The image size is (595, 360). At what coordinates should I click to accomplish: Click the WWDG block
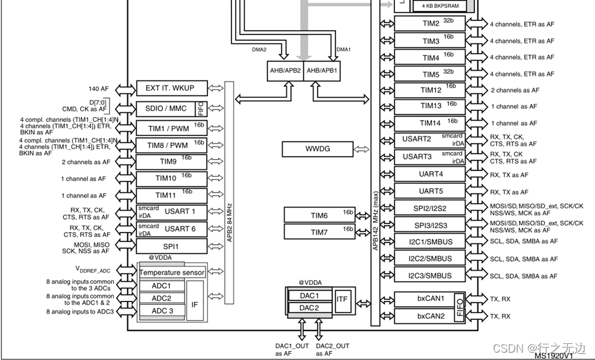tap(317, 149)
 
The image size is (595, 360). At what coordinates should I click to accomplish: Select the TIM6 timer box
tap(319, 215)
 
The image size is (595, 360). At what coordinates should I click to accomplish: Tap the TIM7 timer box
tap(319, 232)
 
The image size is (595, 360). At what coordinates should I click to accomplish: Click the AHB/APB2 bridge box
tap(284, 70)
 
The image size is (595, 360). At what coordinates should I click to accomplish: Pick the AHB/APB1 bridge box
tap(322, 70)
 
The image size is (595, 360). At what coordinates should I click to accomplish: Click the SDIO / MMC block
tap(167, 109)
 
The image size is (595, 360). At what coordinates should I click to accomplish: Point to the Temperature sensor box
tap(172, 273)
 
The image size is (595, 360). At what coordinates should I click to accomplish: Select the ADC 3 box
tap(162, 311)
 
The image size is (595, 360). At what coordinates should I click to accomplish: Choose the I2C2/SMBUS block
tap(430, 258)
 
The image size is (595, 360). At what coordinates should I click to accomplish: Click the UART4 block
tap(430, 174)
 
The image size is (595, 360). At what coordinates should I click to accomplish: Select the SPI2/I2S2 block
tap(430, 209)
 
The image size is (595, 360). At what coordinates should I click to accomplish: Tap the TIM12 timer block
tap(430, 90)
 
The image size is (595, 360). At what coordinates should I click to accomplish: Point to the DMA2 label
tap(260, 50)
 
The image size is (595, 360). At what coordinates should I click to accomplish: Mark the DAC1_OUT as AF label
tap(292, 350)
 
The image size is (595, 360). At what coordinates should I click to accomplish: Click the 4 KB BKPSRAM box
tap(441, 6)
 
